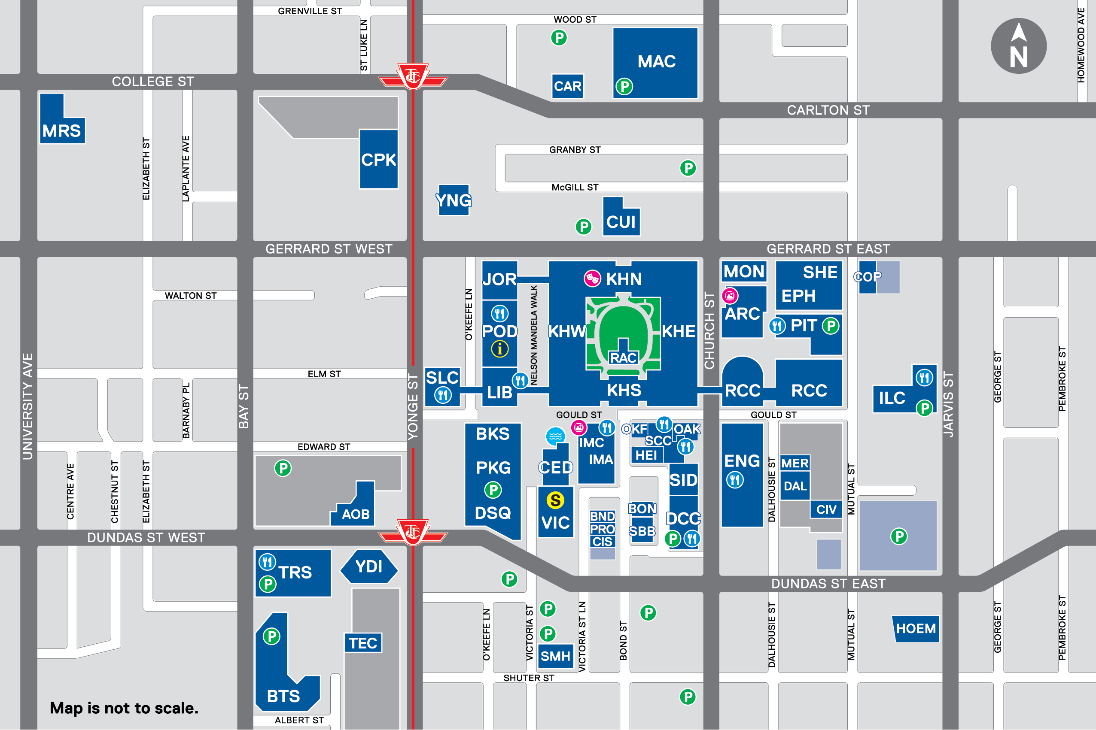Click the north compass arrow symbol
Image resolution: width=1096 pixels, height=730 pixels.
click(1019, 46)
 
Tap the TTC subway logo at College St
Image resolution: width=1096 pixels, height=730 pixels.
click(413, 77)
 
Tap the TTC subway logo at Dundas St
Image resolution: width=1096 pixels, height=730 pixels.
click(413, 533)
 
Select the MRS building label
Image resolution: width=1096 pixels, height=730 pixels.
click(61, 131)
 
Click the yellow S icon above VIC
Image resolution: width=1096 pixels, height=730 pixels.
click(555, 500)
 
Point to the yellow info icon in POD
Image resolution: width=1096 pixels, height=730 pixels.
click(500, 349)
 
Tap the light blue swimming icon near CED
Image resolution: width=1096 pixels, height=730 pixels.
click(555, 436)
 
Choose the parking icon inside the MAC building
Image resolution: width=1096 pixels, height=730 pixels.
click(624, 86)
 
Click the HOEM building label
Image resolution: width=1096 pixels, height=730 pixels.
click(916, 629)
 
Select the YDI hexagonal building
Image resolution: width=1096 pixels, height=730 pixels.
click(369, 567)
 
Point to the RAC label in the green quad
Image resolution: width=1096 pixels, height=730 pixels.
click(623, 358)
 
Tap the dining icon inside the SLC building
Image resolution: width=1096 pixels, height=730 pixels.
click(442, 395)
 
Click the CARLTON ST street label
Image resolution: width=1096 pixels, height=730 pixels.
click(828, 110)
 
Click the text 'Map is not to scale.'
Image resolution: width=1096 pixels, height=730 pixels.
click(124, 708)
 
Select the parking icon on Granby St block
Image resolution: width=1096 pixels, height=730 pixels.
click(688, 168)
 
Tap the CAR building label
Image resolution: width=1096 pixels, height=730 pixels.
click(567, 87)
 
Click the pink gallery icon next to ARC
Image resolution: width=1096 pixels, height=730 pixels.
click(730, 295)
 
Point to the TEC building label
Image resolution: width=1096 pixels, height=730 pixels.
click(363, 643)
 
